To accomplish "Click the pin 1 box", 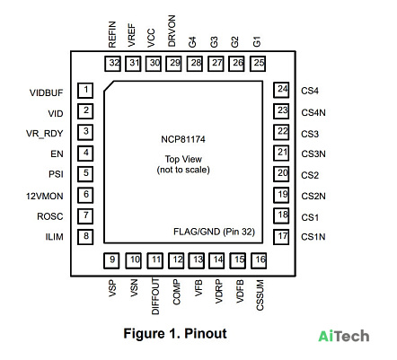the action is [x=85, y=91].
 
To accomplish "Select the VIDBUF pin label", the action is [x=46, y=92].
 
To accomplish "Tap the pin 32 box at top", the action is [x=112, y=64].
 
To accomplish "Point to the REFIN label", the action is [x=112, y=34].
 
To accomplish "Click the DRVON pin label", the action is [x=172, y=31].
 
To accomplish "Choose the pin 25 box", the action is [x=258, y=64].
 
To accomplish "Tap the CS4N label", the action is [x=313, y=112].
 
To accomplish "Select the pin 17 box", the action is [x=281, y=237].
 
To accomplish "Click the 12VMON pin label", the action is [x=45, y=197].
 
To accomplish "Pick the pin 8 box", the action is [x=85, y=237].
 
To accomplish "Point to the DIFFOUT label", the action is [x=155, y=296].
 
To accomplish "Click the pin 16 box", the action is [x=259, y=260].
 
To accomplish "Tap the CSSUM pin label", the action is [x=260, y=295].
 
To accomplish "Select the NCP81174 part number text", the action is [x=183, y=139].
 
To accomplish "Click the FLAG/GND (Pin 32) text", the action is [x=214, y=232].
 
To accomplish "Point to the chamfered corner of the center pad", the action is [x=109, y=85].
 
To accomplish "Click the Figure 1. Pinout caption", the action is [x=175, y=333].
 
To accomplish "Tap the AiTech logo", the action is [x=344, y=336].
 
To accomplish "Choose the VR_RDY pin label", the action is [x=45, y=134].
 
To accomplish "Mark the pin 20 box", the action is [x=281, y=174].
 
